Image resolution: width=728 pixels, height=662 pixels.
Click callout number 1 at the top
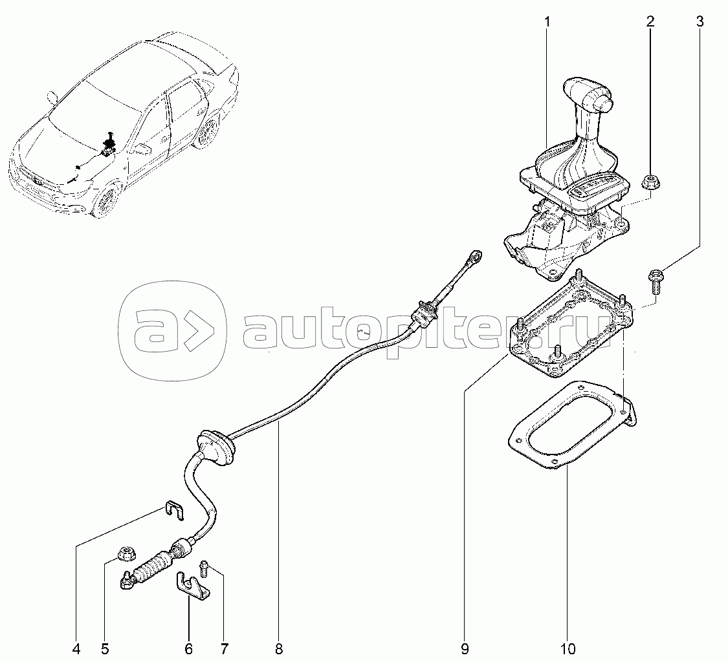pyautogui.click(x=547, y=21)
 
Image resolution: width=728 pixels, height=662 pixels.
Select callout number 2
pyautogui.click(x=650, y=21)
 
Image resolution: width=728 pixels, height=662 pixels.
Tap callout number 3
pyautogui.click(x=700, y=21)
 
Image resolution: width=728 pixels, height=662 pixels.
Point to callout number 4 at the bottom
pyautogui.click(x=76, y=648)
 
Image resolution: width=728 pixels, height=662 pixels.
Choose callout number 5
pyautogui.click(x=104, y=648)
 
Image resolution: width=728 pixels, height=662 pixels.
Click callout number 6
pyautogui.click(x=188, y=648)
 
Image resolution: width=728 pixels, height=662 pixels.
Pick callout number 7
pyautogui.click(x=225, y=648)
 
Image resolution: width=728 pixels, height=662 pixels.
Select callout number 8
pyautogui.click(x=278, y=648)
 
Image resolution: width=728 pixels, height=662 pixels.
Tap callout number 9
pyautogui.click(x=465, y=648)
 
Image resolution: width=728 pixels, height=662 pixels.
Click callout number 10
pyautogui.click(x=568, y=648)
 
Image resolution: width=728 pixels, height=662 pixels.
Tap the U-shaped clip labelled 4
pyautogui.click(x=175, y=509)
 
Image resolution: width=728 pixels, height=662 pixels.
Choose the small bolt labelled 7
pyautogui.click(x=204, y=568)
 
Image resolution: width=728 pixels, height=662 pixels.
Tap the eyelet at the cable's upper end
pyautogui.click(x=476, y=255)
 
